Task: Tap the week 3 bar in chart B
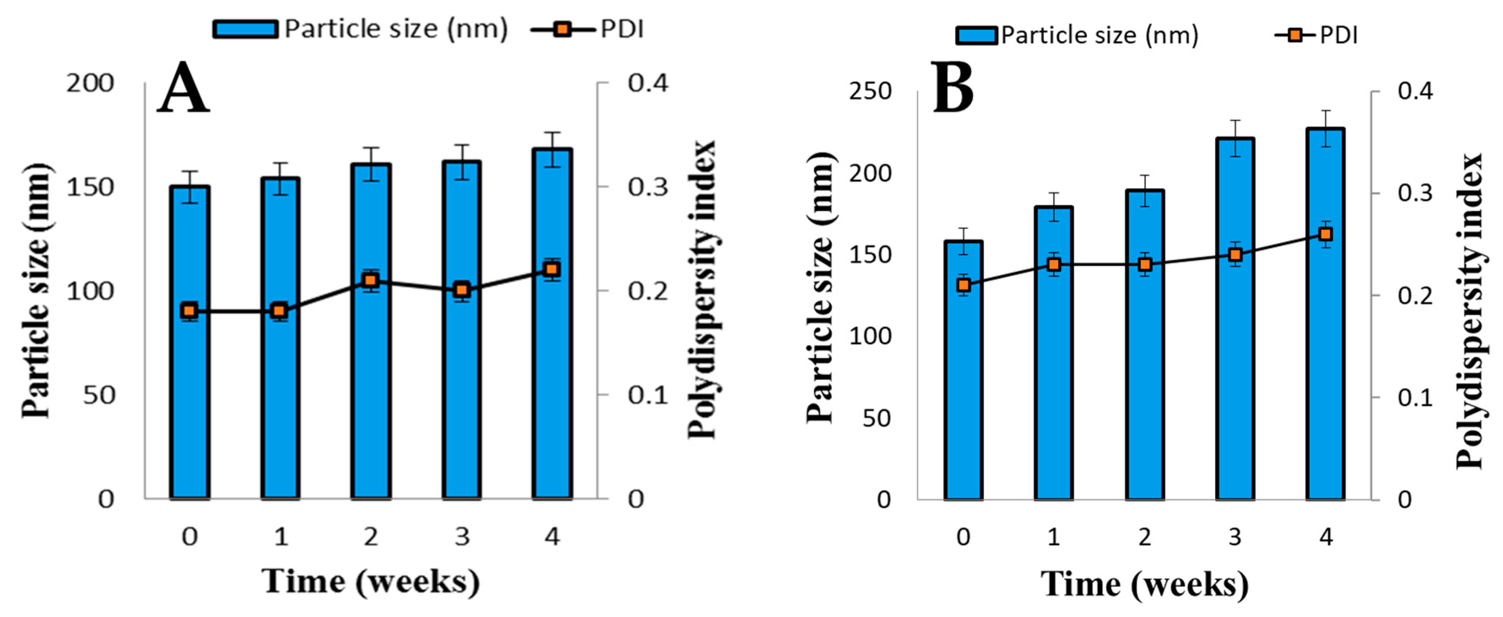click(x=1235, y=350)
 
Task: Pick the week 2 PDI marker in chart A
click(x=371, y=280)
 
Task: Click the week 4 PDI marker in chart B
click(x=1326, y=234)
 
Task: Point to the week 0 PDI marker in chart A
click(x=189, y=311)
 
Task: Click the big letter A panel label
click(x=183, y=89)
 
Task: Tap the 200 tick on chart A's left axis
click(x=89, y=84)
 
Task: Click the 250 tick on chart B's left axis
click(x=870, y=92)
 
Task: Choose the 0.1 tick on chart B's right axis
click(x=1415, y=398)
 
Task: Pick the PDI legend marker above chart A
click(x=563, y=29)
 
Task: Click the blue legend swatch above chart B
click(x=976, y=35)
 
